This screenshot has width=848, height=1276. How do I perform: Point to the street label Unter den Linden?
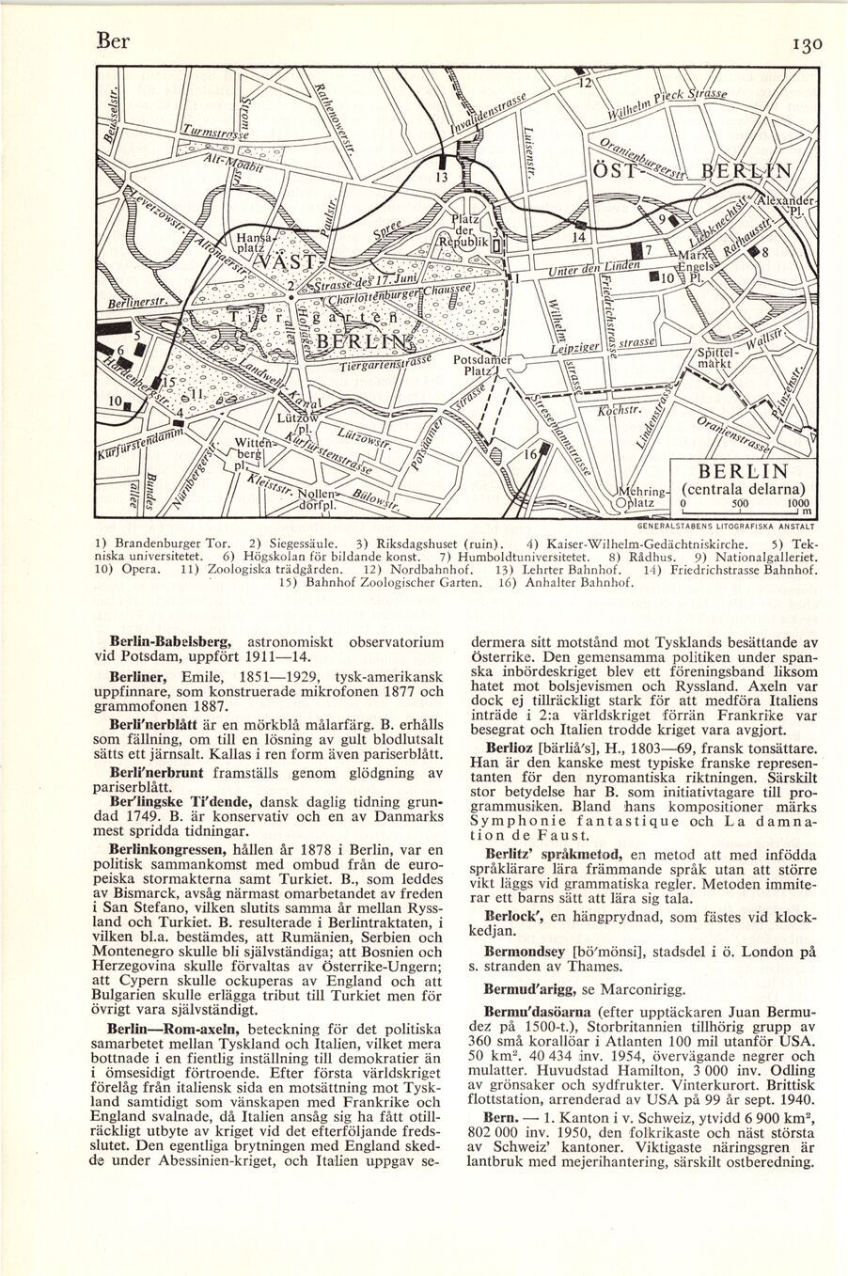(587, 267)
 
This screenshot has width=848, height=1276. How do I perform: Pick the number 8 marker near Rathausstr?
(765, 253)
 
